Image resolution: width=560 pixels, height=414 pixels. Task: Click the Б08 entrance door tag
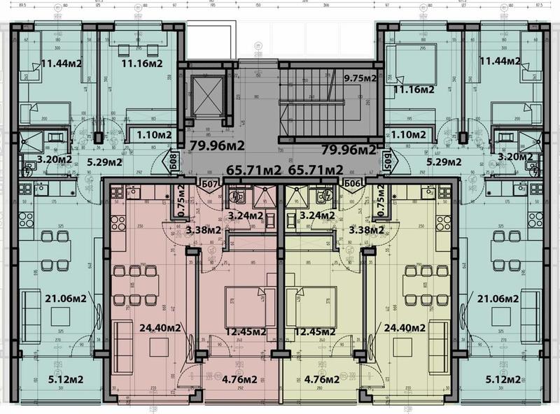171,164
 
